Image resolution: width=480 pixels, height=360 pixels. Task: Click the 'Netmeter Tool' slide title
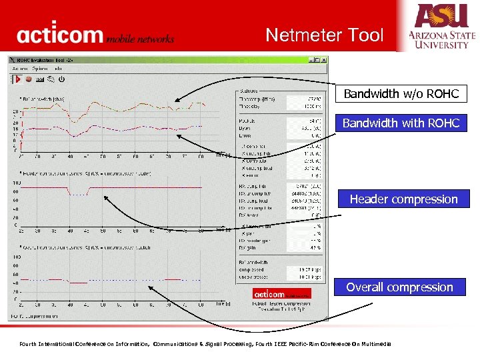325,35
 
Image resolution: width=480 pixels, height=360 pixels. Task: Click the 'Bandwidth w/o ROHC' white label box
401,94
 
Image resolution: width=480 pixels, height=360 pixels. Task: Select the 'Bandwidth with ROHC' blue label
401,123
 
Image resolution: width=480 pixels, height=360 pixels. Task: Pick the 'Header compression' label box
403,199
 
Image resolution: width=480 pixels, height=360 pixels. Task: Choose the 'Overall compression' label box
399,287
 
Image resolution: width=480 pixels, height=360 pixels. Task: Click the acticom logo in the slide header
95,35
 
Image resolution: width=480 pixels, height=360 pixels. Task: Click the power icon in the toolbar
61,79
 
